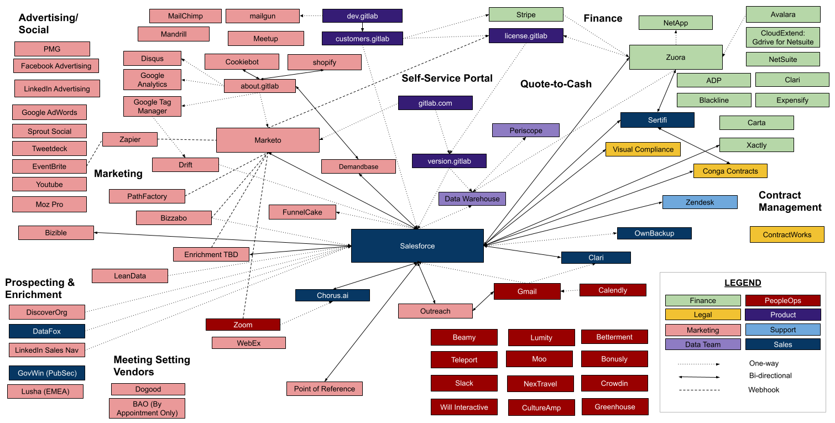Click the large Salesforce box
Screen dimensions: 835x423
tap(417, 246)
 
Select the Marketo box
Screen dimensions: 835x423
tap(268, 140)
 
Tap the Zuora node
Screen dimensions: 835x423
tap(675, 57)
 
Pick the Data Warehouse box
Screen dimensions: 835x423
tap(472, 199)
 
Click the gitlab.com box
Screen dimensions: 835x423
tap(435, 103)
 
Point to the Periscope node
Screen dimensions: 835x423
tap(525, 130)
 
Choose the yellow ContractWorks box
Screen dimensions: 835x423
tap(787, 234)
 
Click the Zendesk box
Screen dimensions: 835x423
tap(700, 202)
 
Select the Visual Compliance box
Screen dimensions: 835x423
tap(643, 149)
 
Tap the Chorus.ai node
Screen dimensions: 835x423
tap(332, 295)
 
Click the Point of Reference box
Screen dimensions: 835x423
tap(324, 389)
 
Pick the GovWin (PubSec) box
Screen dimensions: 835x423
tap(47, 373)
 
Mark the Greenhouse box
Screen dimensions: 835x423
tap(615, 406)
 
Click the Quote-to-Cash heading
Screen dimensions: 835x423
tap(556, 84)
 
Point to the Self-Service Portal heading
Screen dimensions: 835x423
tap(447, 79)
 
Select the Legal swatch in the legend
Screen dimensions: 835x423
tap(703, 315)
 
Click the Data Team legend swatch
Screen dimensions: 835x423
tap(703, 344)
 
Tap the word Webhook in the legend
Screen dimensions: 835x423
tap(764, 390)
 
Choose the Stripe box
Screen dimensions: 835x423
tap(525, 14)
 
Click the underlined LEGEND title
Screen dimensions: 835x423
tap(743, 283)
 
